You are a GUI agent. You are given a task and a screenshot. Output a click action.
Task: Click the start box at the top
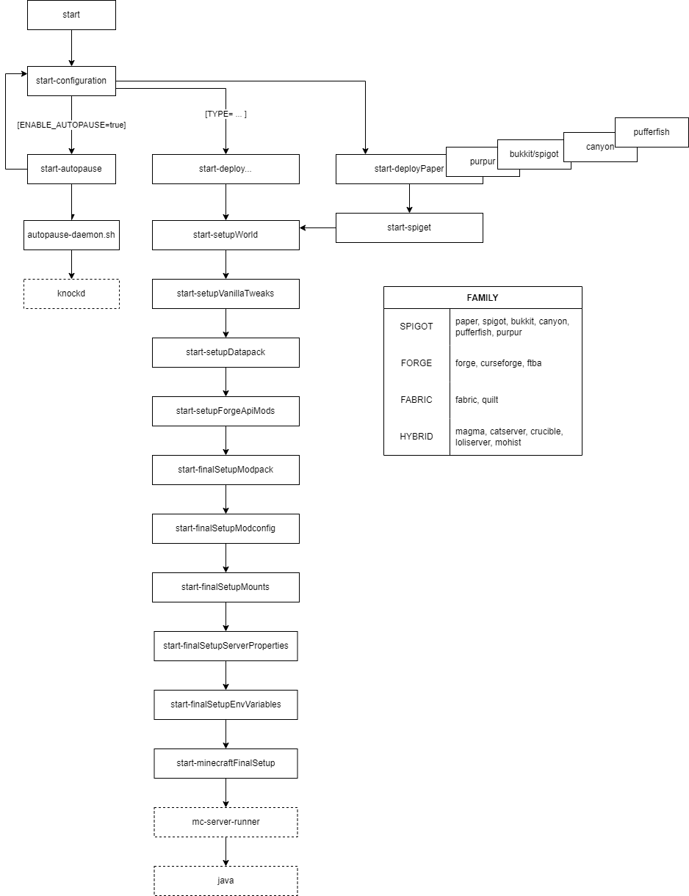point(71,15)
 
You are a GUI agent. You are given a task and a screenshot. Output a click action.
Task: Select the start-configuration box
point(71,81)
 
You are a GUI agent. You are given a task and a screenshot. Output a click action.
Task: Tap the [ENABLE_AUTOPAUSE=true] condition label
point(71,125)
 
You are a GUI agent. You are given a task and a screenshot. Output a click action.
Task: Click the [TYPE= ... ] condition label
point(226,114)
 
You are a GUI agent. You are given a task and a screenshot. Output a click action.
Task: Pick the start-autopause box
point(71,169)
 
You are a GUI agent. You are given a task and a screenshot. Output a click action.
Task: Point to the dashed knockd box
point(71,294)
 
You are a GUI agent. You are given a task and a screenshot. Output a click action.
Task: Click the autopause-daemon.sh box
point(71,235)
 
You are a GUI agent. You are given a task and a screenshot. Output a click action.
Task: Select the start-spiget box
point(409,227)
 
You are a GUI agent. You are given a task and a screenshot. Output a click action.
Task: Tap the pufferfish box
point(652,132)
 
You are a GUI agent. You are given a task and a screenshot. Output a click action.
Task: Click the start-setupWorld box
point(226,235)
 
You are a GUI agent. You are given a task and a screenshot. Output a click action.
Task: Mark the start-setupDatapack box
point(226,352)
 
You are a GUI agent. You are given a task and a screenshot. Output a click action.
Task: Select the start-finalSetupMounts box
point(226,587)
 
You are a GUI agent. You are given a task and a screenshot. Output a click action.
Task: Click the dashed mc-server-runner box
point(226,822)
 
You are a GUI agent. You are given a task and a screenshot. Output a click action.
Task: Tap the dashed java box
point(226,881)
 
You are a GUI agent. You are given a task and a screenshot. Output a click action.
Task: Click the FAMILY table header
point(483,297)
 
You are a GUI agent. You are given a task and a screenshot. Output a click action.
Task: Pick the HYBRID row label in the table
point(416,437)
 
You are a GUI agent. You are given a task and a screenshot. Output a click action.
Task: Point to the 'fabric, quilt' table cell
point(477,400)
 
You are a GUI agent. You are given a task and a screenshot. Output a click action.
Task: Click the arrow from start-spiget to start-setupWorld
point(317,227)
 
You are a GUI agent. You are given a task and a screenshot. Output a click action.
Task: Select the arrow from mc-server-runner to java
point(226,851)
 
